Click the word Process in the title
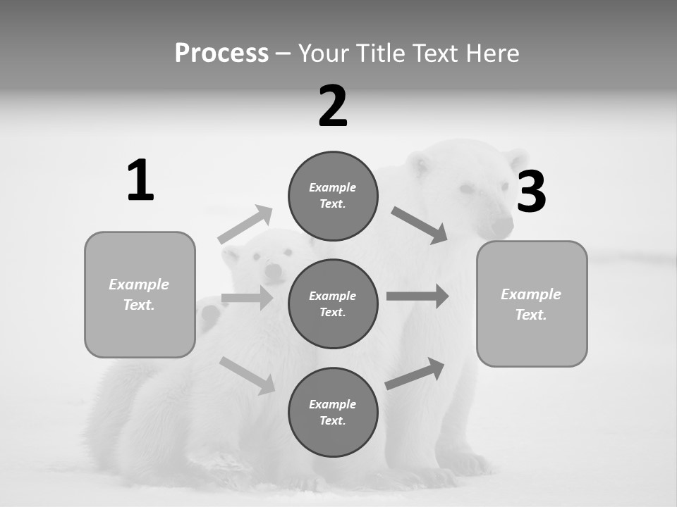click(221, 53)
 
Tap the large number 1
click(140, 181)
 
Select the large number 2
click(333, 106)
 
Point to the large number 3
click(531, 192)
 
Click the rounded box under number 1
click(140, 294)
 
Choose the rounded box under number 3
click(532, 303)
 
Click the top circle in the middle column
click(333, 196)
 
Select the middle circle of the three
click(333, 303)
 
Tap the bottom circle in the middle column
click(333, 412)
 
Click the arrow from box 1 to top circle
click(245, 225)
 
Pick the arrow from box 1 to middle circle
click(247, 298)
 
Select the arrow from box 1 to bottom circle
click(247, 375)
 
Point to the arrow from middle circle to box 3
click(417, 296)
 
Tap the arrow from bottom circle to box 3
click(415, 374)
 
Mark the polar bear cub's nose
click(273, 270)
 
